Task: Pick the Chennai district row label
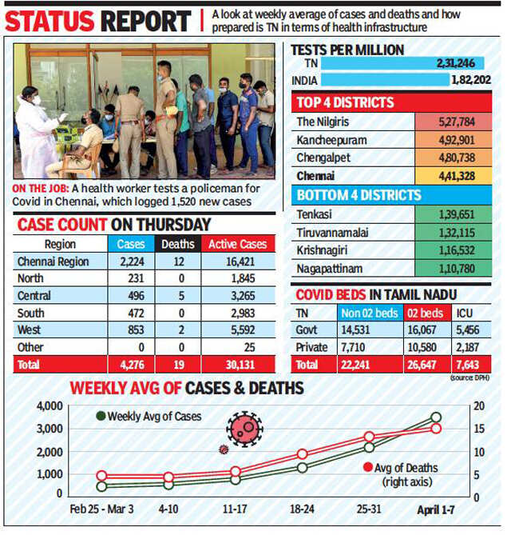click(316, 176)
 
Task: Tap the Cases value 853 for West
click(131, 327)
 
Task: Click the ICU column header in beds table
click(465, 312)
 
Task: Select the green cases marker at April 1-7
click(436, 417)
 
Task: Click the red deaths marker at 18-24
click(303, 453)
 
